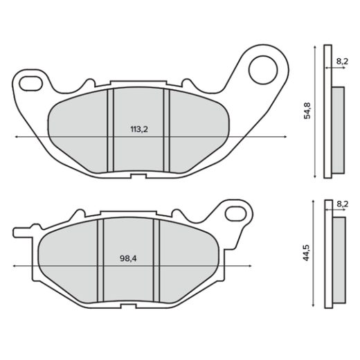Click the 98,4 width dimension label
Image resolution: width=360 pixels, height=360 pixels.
[x=129, y=258]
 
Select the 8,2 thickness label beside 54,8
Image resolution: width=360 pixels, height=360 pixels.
[x=342, y=62]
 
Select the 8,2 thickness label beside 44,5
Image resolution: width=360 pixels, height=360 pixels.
[x=342, y=206]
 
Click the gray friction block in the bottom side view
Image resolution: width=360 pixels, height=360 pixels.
[x=339, y=258]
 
